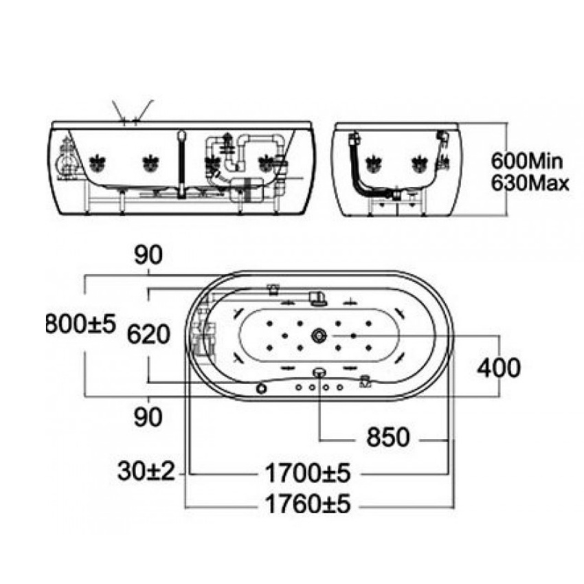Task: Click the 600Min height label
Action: click(527, 161)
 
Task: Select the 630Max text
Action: click(530, 183)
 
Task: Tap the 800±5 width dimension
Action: click(81, 324)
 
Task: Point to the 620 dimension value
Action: click(148, 334)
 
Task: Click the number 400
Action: click(499, 368)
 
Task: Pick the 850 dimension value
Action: click(388, 437)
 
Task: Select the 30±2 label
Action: click(146, 471)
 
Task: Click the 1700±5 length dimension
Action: click(308, 473)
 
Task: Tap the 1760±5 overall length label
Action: click(308, 504)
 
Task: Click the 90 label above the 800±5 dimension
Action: click(148, 255)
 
